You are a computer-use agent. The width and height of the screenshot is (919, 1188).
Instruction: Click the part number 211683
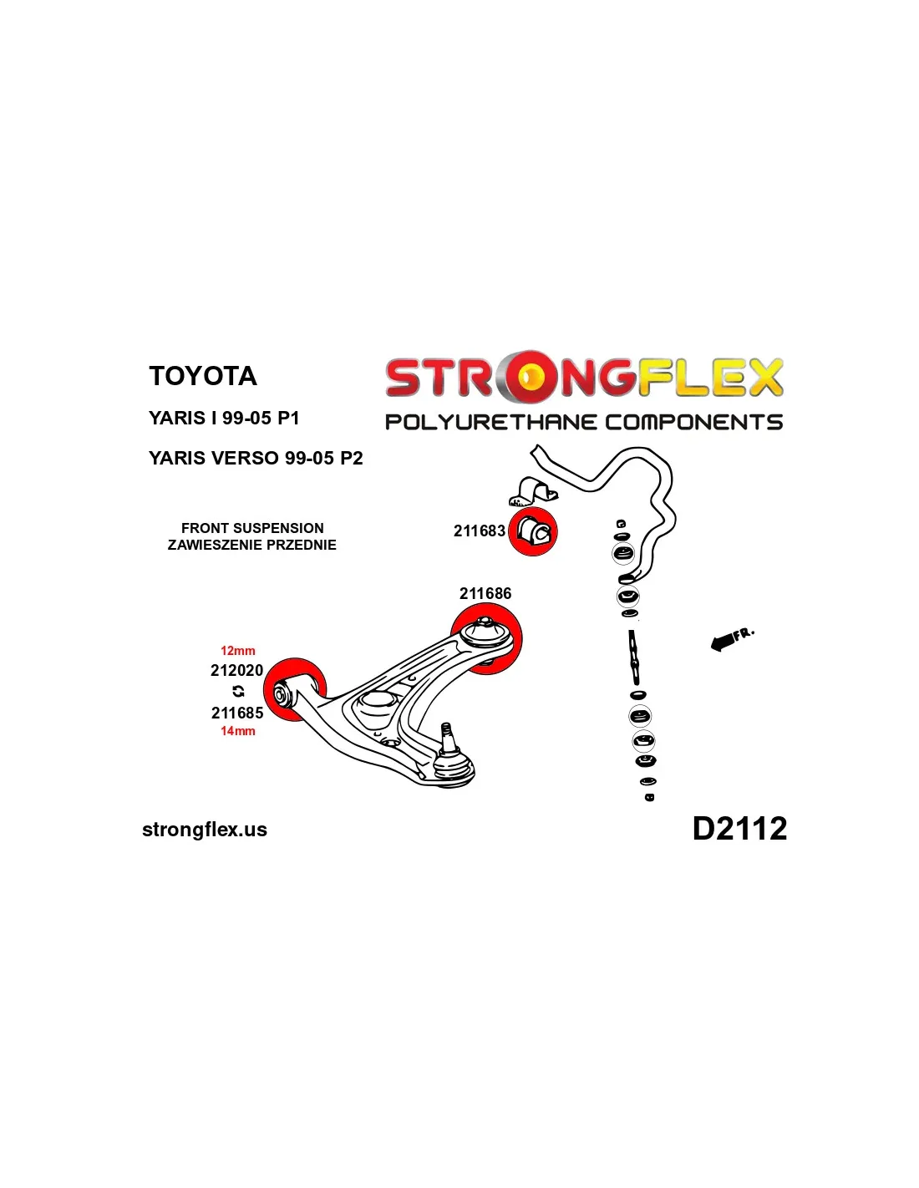point(479,531)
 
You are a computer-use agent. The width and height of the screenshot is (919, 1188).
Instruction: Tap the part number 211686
point(485,593)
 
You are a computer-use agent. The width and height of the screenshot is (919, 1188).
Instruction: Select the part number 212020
point(236,670)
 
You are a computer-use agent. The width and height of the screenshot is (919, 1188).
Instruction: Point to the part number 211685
point(237,713)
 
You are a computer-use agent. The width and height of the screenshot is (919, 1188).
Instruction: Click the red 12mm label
point(238,651)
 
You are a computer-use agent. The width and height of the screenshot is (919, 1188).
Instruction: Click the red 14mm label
point(238,731)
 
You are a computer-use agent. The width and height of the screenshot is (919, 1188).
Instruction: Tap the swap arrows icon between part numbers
point(238,691)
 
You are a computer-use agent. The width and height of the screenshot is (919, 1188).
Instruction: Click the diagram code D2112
point(739,829)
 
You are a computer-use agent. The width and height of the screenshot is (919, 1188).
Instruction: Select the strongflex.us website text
point(205,830)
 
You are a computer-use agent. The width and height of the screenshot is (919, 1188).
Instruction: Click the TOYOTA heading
point(203,376)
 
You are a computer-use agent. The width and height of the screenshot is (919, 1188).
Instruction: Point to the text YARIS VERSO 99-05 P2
point(256,458)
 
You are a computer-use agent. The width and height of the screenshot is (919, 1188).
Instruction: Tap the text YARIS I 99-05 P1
point(224,418)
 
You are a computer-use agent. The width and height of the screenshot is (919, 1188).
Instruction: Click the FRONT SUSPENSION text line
point(252,528)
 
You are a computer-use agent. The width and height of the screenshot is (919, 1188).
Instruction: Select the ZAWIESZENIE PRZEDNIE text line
point(252,545)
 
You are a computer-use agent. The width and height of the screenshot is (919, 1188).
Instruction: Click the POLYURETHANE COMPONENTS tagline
point(584,422)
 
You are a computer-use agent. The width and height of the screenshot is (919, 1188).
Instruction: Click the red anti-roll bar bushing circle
point(533,531)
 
